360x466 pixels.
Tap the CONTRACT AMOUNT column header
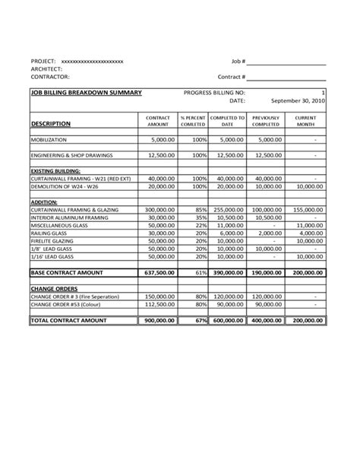158,121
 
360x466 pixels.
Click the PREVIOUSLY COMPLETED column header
267,121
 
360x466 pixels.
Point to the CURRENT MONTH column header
305,121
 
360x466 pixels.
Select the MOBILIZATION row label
49,141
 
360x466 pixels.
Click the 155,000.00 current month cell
307,209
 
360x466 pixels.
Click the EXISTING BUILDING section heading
55,171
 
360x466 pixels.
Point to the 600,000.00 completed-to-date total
228,321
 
